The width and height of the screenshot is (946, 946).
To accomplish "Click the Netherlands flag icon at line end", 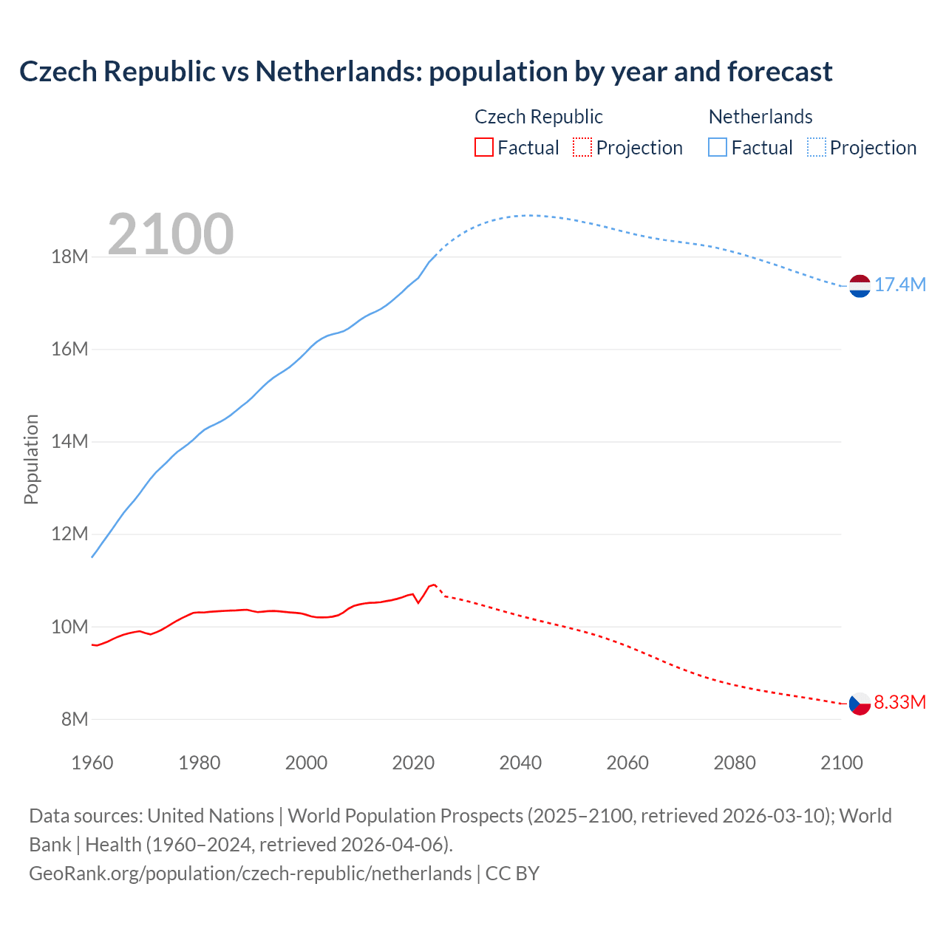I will click(860, 285).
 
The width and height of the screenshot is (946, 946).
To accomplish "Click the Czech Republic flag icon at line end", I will click(860, 703).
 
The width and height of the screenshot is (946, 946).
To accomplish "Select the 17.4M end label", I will click(900, 285).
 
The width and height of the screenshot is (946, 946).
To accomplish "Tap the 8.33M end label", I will click(900, 702).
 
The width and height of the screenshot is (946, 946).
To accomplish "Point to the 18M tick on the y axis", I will click(69, 257).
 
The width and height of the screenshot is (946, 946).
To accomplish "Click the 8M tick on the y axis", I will click(74, 719).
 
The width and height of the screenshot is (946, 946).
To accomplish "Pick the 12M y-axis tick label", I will click(69, 534).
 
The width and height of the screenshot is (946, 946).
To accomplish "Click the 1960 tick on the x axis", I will click(92, 763).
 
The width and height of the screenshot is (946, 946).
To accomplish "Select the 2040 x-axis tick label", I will click(520, 763).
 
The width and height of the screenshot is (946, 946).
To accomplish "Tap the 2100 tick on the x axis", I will click(841, 763).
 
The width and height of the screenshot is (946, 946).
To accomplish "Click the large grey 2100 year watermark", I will click(171, 234).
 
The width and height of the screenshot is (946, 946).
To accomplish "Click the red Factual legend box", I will click(483, 148).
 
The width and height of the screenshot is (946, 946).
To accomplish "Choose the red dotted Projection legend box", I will click(582, 148).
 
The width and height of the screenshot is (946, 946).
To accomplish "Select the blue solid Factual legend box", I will click(718, 148).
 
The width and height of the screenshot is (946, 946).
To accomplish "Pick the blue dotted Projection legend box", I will click(816, 148).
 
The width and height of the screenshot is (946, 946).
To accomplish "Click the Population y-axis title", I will click(31, 459).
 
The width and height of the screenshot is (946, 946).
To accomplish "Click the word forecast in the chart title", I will click(780, 72).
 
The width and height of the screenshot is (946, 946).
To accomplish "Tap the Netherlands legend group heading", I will click(760, 117).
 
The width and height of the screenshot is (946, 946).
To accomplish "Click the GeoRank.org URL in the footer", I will click(250, 874).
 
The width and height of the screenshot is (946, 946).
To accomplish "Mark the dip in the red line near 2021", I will click(418, 602).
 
